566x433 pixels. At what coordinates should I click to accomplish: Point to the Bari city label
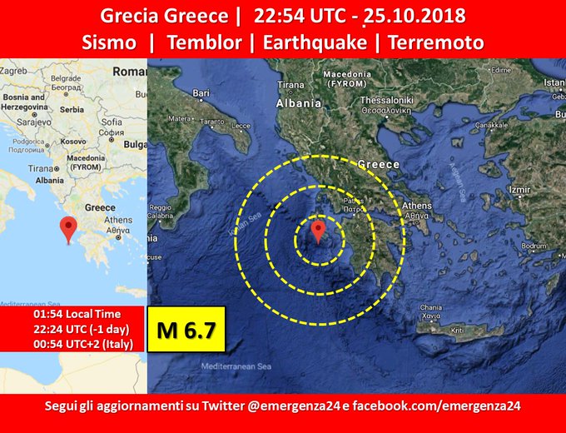201,94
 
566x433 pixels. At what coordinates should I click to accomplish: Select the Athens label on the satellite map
416,206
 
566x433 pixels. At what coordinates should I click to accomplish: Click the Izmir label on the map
519,190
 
